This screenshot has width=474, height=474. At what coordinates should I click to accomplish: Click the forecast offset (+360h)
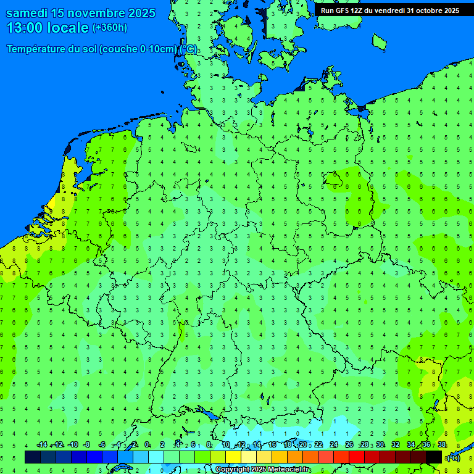tap(109, 27)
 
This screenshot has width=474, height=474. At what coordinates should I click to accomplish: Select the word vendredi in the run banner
tap(387, 10)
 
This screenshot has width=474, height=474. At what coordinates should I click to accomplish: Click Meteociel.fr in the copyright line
tap(289, 470)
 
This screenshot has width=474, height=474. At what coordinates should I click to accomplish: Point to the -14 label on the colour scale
tap(42, 445)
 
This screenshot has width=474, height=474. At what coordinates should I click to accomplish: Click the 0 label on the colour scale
tap(147, 445)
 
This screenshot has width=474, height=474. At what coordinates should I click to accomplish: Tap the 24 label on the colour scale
tap(334, 445)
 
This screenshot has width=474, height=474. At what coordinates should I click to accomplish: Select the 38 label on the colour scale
tap(442, 445)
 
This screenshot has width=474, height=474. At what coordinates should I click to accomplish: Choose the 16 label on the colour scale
tap(272, 445)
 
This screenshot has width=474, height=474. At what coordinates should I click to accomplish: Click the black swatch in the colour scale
tap(434, 457)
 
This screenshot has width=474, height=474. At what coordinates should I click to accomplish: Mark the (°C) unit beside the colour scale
tap(453, 457)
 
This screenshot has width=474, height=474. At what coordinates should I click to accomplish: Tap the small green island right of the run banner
tap(379, 41)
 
